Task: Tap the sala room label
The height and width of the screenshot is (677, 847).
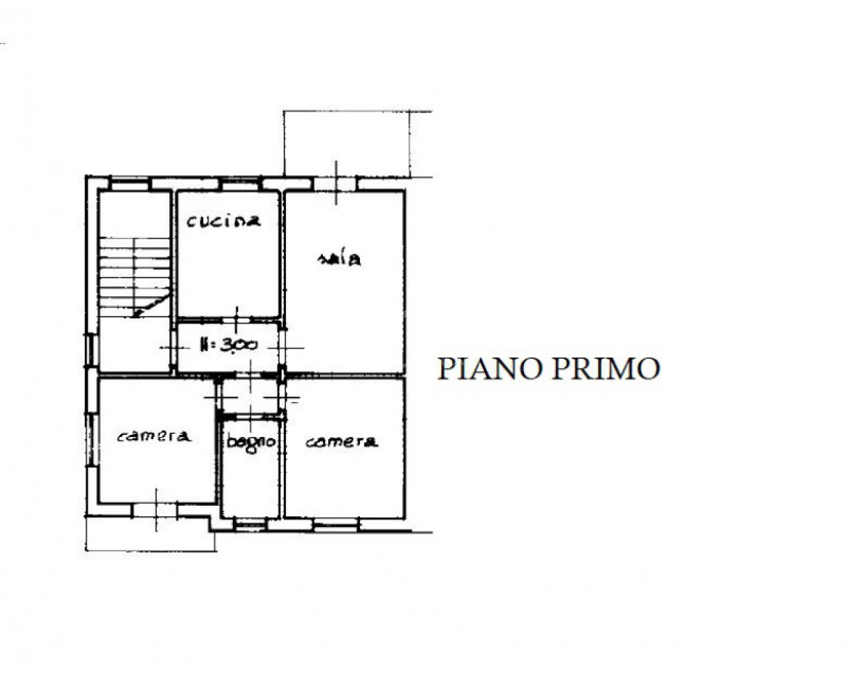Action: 339,259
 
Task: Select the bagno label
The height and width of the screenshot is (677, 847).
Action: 251,443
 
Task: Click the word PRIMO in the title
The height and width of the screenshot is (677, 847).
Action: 605,369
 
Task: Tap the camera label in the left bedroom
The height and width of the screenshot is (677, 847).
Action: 154,436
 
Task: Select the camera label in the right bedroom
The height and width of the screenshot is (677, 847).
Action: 341,442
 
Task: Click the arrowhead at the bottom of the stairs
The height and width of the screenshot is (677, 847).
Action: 136,313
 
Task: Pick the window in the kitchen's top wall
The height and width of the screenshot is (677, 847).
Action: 241,183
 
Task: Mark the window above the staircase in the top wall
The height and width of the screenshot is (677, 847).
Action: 130,183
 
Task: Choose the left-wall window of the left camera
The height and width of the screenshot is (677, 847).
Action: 91,440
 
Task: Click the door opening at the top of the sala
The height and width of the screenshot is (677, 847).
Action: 335,183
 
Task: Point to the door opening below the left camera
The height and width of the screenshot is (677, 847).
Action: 156,510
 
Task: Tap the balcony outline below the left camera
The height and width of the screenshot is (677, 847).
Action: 151,550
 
